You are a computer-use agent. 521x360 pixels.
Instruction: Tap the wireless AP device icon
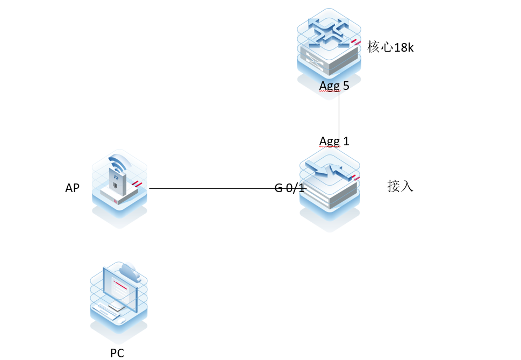[119, 183]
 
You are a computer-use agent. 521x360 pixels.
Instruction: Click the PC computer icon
[119, 299]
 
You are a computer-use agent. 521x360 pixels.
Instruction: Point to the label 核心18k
[390, 47]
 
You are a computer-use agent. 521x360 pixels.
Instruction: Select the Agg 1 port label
[334, 141]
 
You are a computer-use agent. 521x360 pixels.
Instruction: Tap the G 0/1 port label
[290, 188]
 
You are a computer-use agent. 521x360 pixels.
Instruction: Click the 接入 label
[400, 187]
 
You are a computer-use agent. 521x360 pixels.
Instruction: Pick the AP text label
[73, 188]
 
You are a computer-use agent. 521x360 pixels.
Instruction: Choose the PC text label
[117, 353]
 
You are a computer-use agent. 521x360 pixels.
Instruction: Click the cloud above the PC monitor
[131, 272]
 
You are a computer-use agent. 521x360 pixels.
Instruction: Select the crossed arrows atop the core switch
[328, 31]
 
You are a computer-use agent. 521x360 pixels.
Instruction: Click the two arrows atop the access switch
[329, 171]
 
